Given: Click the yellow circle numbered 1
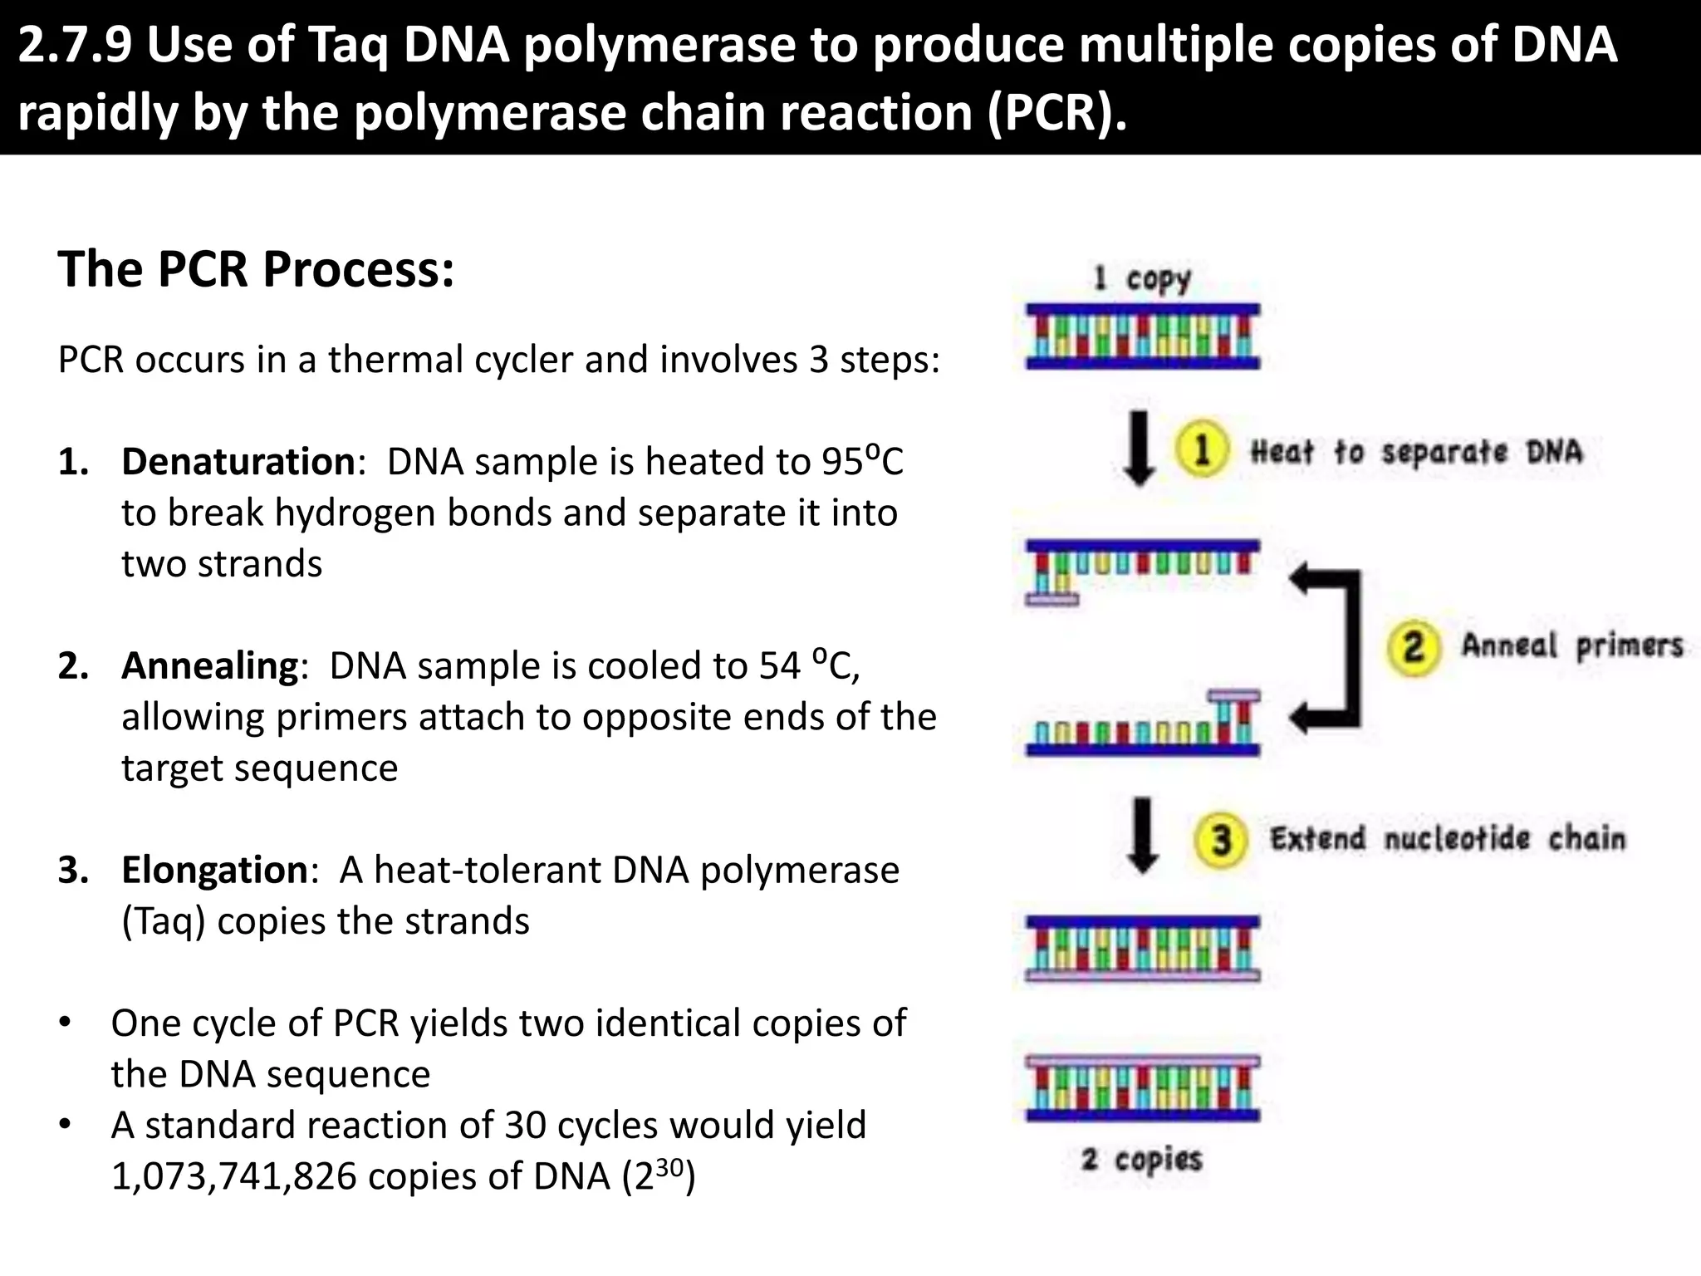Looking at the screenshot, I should coord(1201,449).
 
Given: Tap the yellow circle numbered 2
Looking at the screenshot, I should coord(1413,646).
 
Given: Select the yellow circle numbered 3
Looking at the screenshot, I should coord(1220,840).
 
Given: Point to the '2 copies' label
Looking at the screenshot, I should coord(1142,1159).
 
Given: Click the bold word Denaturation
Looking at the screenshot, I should coord(238,461).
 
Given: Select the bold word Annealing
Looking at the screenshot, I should coord(210,665).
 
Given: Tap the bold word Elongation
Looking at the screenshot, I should coord(215,870).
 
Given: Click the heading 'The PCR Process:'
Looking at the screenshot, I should coord(256,269).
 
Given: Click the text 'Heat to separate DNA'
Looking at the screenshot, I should coord(1416,452).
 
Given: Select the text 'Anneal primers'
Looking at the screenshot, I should coord(1571,645).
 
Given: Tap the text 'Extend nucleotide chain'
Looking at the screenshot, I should coord(1447,839).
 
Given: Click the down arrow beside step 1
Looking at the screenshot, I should coord(1139,449).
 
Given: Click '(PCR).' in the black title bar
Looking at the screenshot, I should coord(1056,112).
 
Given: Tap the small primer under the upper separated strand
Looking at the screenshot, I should coord(1051,598).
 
